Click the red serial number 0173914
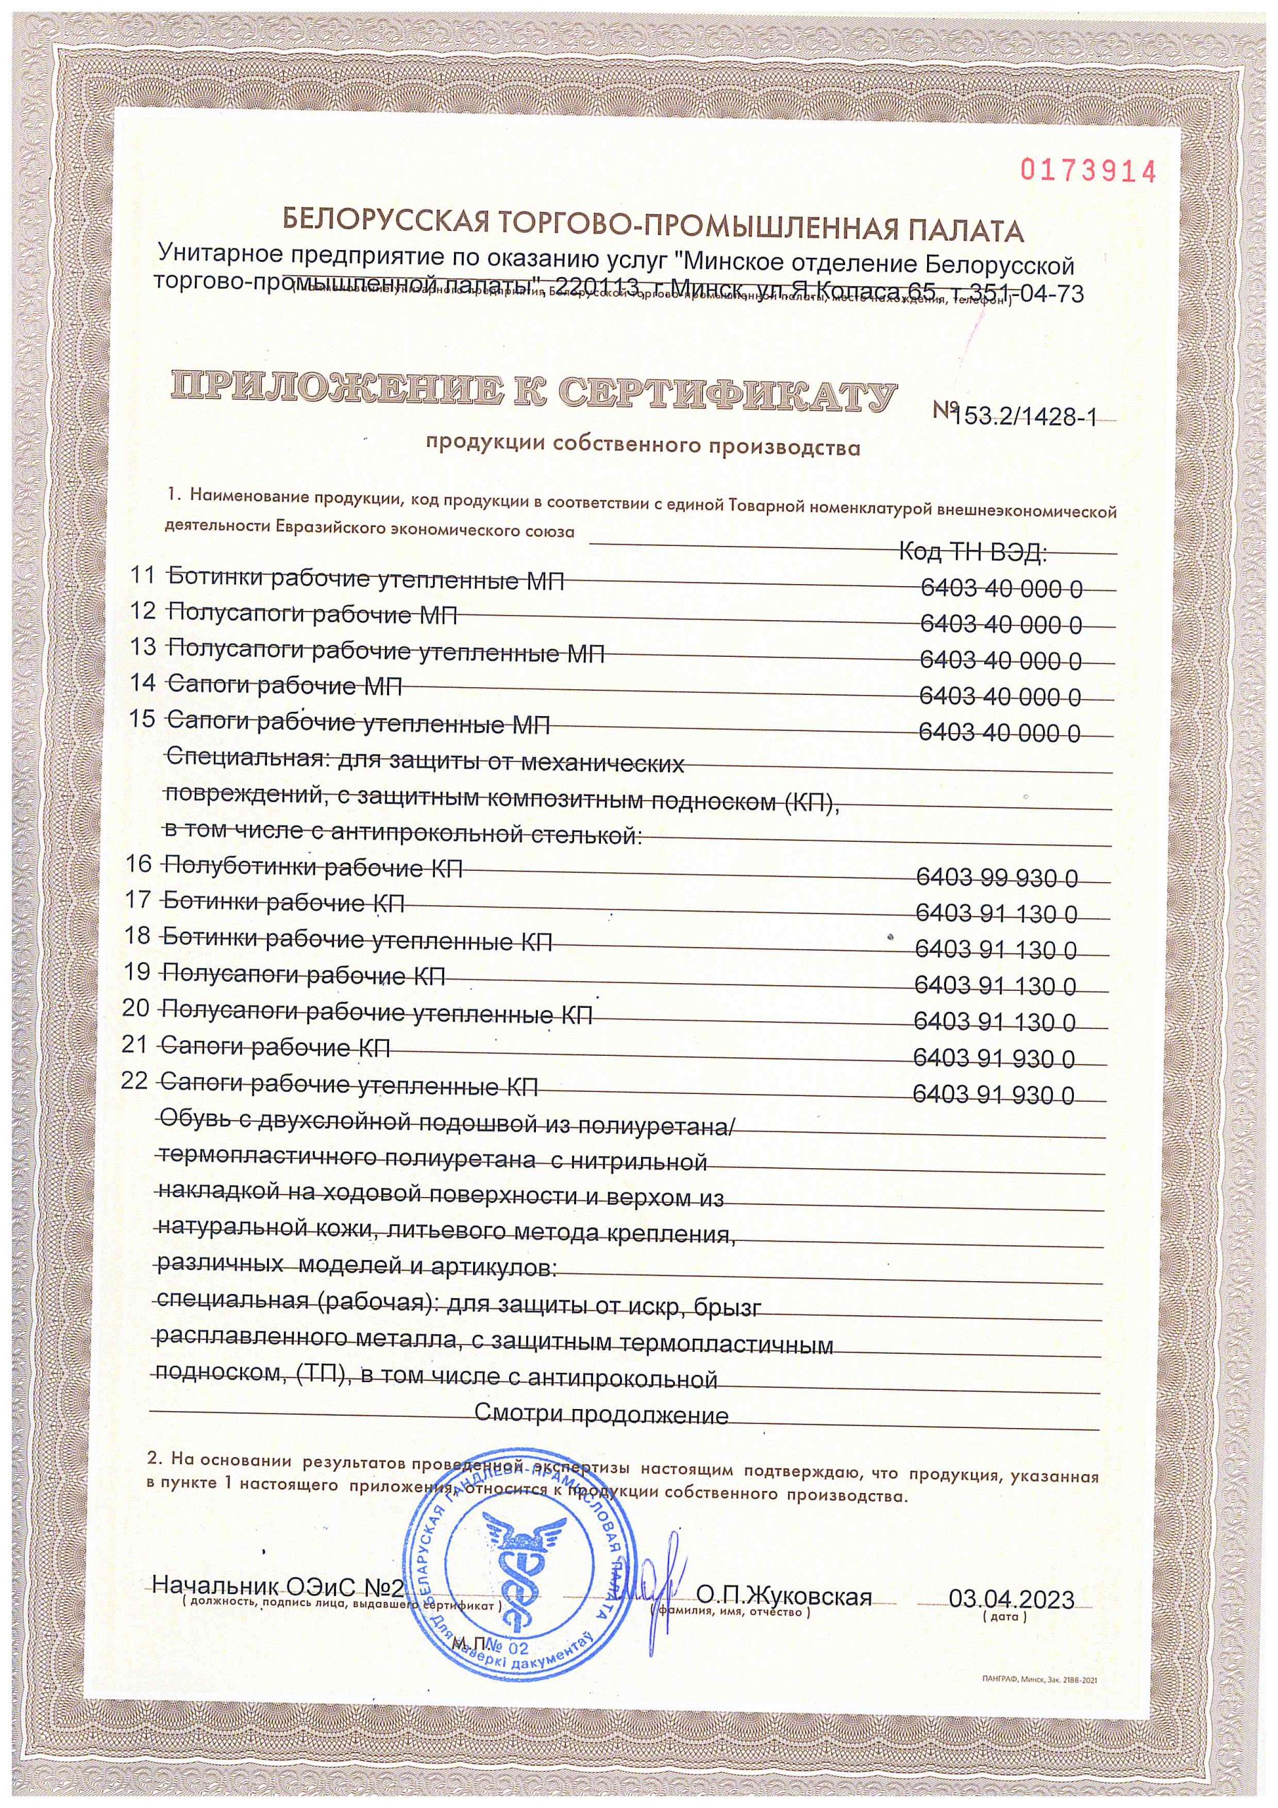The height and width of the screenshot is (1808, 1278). coord(1088,170)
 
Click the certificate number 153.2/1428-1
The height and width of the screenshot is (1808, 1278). coord(1024,417)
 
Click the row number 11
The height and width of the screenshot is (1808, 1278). coord(143,576)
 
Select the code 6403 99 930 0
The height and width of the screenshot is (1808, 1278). coord(997,877)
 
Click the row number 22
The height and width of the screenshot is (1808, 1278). coord(136,1081)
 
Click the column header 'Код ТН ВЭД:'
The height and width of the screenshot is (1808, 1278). coord(972,553)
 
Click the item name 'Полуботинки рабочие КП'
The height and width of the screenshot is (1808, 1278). coord(312,869)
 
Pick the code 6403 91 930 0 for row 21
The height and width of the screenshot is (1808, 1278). coord(993,1059)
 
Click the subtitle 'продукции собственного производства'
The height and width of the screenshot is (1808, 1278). coord(643,448)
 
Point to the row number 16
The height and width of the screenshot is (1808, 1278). coord(138,864)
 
